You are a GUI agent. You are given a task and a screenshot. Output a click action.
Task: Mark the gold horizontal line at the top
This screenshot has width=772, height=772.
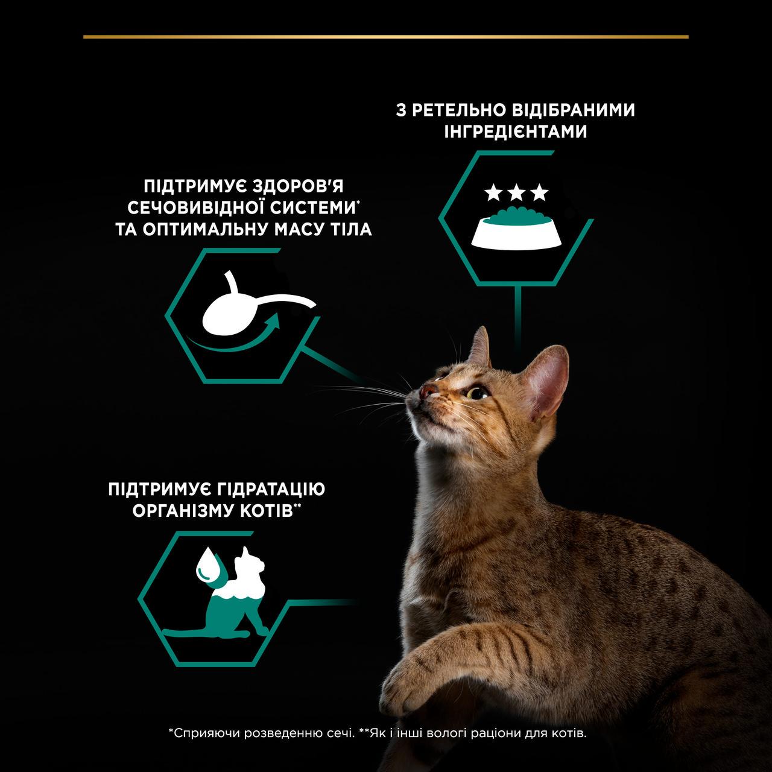click(x=386, y=37)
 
